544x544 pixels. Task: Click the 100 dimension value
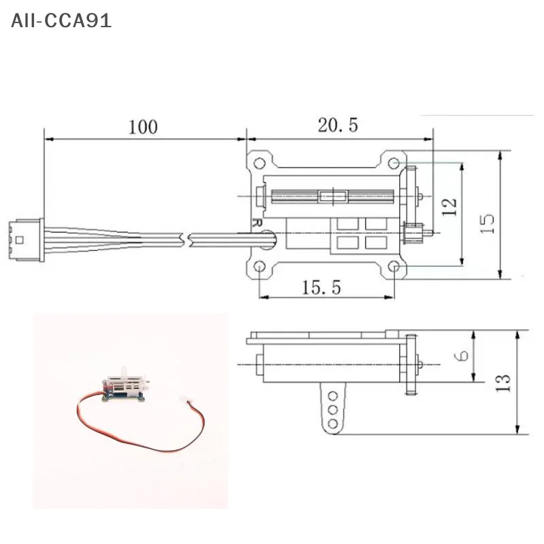coord(143,126)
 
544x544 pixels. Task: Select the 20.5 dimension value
coord(337,125)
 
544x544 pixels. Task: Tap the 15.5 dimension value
coord(321,287)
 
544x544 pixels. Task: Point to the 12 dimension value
coord(449,207)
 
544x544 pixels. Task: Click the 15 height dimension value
coord(487,224)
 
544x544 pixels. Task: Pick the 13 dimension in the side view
coord(503,383)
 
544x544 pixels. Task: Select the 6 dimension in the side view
coord(462,355)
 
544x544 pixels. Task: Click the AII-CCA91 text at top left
coord(61,20)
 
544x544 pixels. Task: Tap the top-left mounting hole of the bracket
coord(259,163)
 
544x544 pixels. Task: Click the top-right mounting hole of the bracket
coord(394,163)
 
